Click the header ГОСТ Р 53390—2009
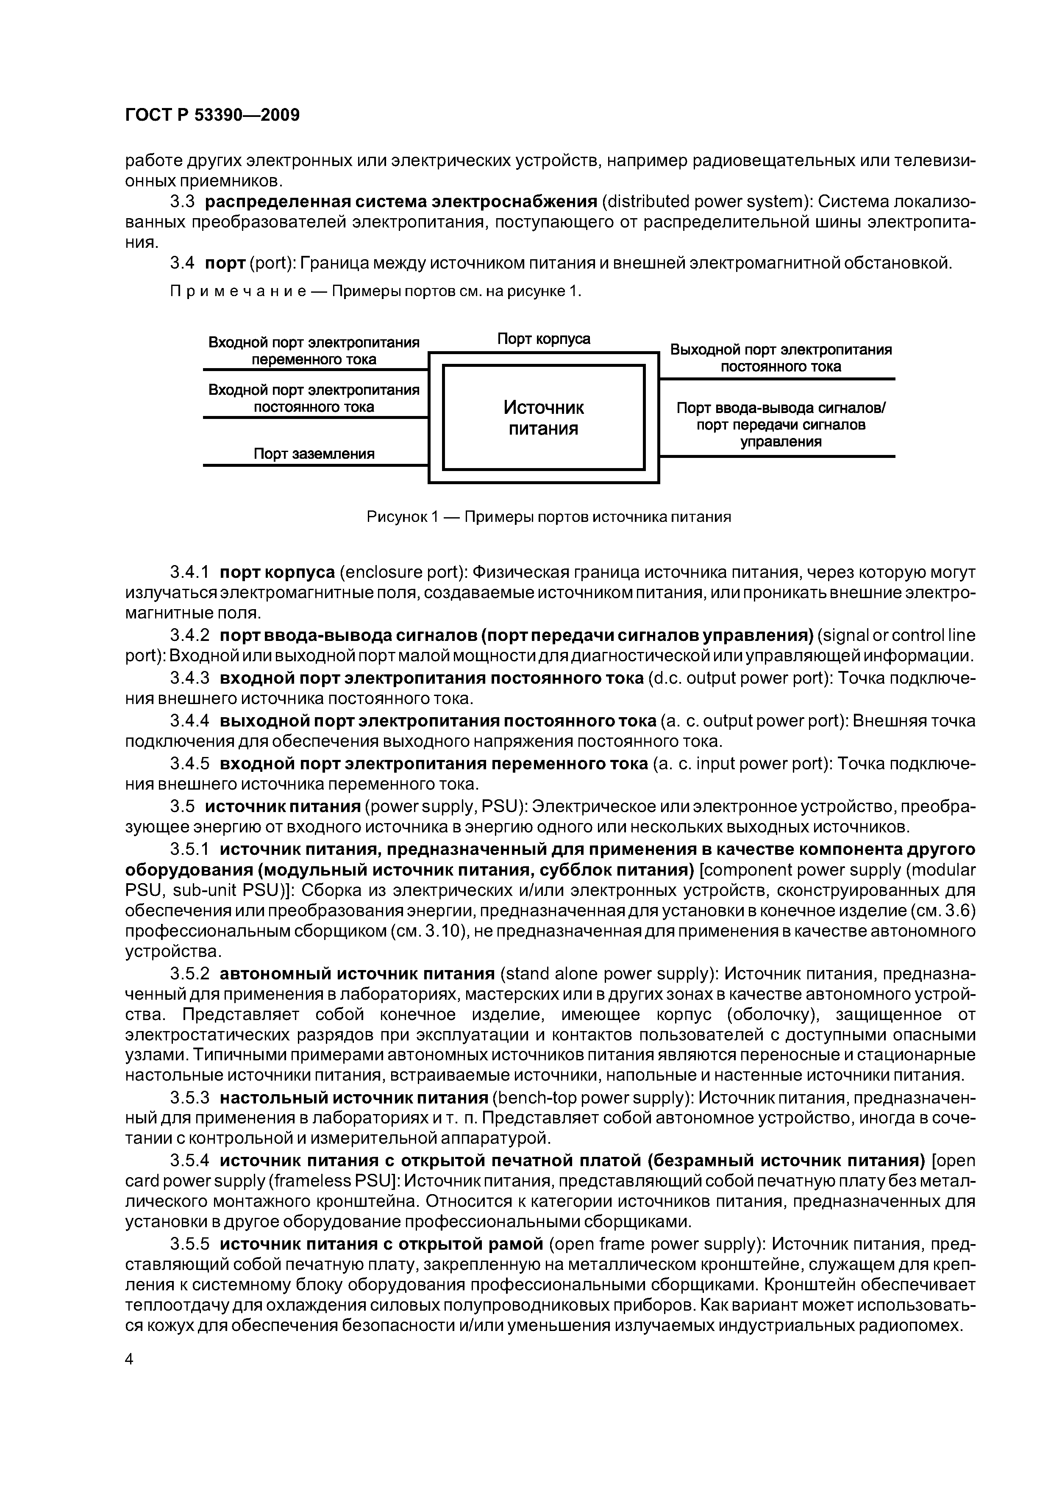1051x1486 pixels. (x=212, y=115)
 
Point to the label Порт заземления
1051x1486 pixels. (x=314, y=454)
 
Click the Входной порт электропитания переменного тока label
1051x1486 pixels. (x=314, y=350)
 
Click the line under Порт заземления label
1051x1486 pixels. (x=315, y=465)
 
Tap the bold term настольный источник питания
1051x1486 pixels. (x=353, y=1098)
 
